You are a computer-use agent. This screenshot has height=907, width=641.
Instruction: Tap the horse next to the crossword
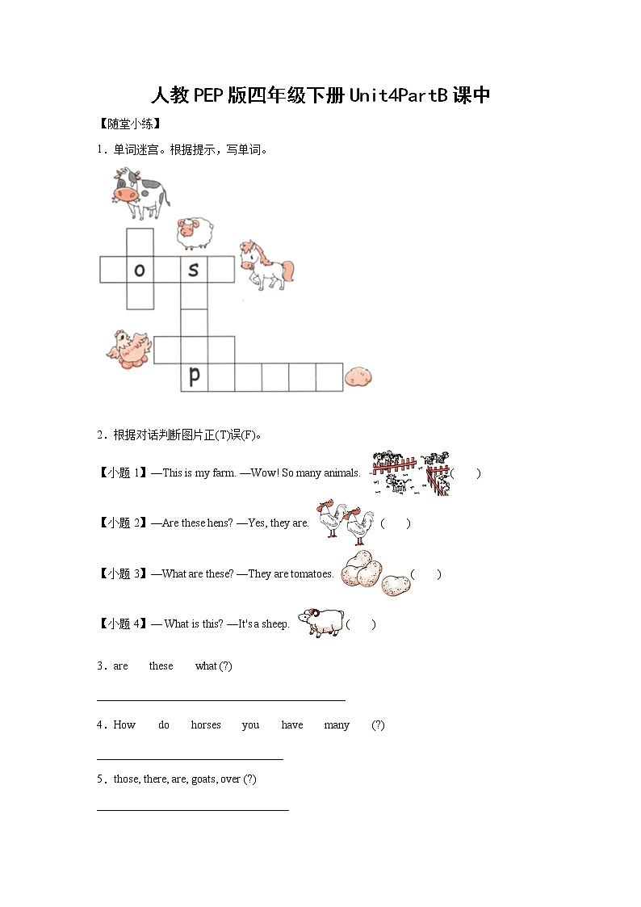266,265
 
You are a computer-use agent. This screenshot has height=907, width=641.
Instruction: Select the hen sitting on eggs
129,348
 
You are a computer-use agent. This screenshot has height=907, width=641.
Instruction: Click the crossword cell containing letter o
140,270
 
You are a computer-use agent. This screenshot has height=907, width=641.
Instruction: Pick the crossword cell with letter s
194,270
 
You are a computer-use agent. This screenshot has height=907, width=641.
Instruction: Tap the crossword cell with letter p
194,376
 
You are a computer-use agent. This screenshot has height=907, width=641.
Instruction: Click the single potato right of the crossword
358,376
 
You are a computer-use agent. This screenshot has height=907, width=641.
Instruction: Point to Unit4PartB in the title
398,95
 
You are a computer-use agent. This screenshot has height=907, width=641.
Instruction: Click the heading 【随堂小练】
129,124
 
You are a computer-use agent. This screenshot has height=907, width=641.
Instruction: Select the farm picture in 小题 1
410,473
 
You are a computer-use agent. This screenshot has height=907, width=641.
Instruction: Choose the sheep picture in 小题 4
320,623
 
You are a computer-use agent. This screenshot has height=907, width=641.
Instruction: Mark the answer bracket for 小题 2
396,523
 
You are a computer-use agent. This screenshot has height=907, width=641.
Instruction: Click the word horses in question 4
206,725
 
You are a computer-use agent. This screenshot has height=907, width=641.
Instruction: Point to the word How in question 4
124,725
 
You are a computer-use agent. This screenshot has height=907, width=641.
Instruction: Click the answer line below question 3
220,700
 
